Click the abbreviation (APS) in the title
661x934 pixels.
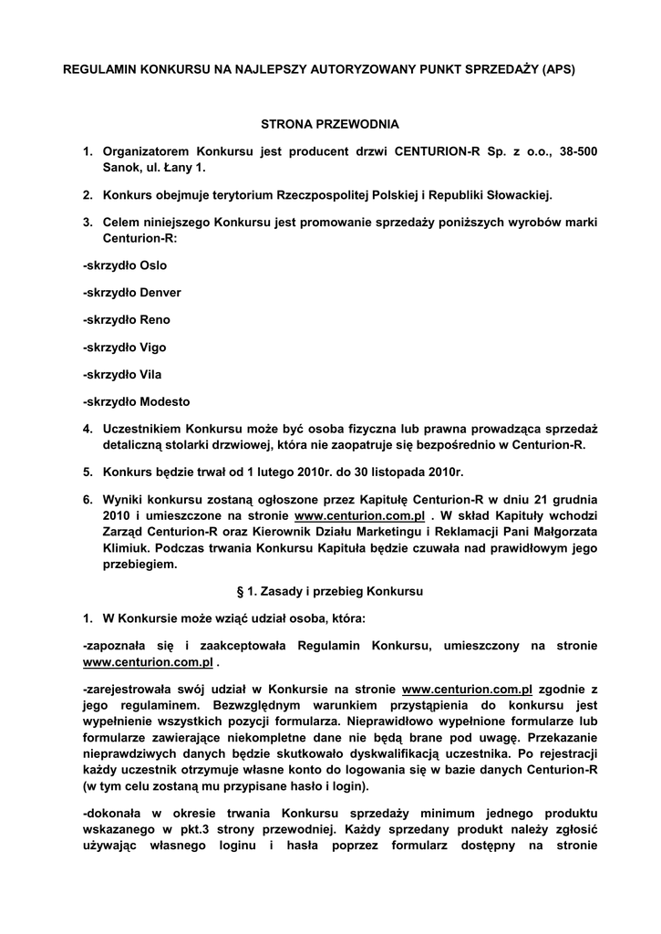click(558, 68)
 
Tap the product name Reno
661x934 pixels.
click(154, 320)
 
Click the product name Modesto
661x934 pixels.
click(166, 402)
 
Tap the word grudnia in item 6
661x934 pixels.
click(574, 500)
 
